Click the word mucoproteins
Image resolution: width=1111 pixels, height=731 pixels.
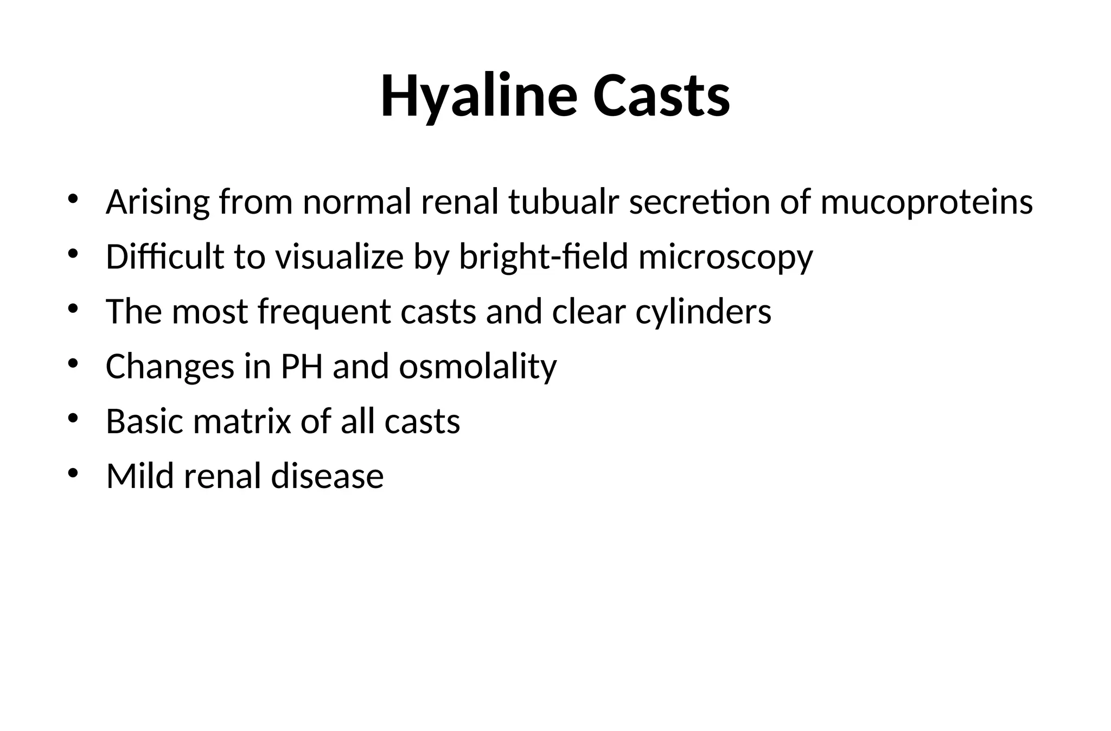[x=927, y=203]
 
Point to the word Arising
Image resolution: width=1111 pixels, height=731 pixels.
[x=157, y=203]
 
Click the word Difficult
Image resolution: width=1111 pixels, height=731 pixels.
[x=164, y=257]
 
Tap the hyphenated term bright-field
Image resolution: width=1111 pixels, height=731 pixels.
[x=544, y=257]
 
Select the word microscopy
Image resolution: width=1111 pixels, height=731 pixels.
[x=726, y=258]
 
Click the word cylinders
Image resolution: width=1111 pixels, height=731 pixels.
[x=703, y=312]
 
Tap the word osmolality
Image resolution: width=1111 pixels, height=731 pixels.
[x=478, y=367]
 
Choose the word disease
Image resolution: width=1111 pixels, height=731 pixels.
[x=327, y=476]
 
